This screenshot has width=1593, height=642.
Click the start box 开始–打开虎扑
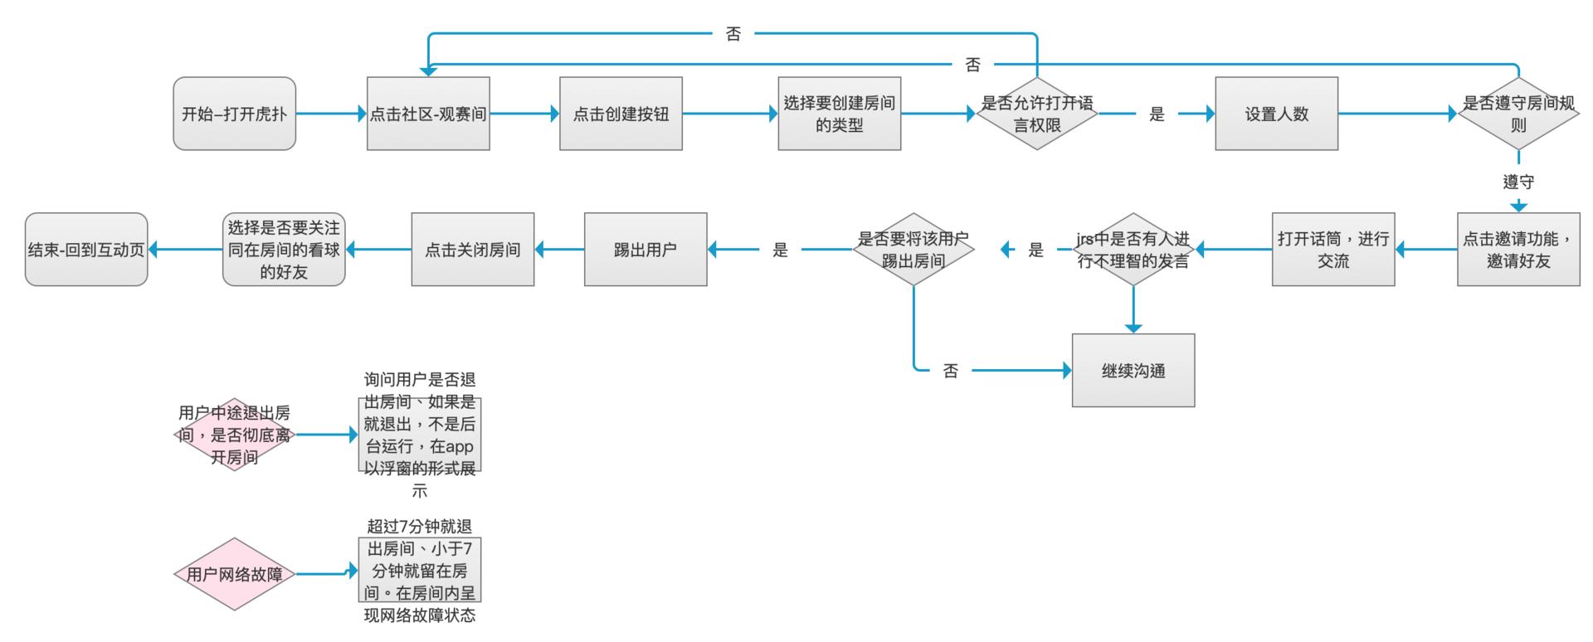point(234,114)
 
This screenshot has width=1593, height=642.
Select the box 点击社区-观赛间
point(428,114)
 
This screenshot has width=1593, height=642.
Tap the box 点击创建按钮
point(621,114)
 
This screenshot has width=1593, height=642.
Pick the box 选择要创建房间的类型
point(839,114)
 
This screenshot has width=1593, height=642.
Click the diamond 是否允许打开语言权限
point(1036,114)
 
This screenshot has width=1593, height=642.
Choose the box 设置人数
point(1276,114)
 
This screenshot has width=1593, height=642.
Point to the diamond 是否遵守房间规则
point(1518,114)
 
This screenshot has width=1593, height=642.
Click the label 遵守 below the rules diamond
point(1518,182)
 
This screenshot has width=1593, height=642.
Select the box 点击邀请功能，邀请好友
point(1518,249)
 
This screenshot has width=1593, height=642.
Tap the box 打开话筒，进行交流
point(1333,249)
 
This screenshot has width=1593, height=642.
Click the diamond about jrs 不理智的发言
point(1133,249)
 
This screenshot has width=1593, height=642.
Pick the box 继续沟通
point(1133,370)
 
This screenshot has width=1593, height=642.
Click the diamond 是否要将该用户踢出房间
point(913,249)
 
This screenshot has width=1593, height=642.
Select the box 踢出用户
point(645,249)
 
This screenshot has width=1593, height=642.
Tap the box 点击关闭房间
point(472,249)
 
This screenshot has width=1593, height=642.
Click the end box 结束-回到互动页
point(86,249)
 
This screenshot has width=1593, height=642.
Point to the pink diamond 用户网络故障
point(234,574)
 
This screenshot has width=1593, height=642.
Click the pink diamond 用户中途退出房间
point(234,435)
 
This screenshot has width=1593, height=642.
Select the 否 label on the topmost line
point(733,34)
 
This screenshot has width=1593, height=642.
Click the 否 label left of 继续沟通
point(951,371)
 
